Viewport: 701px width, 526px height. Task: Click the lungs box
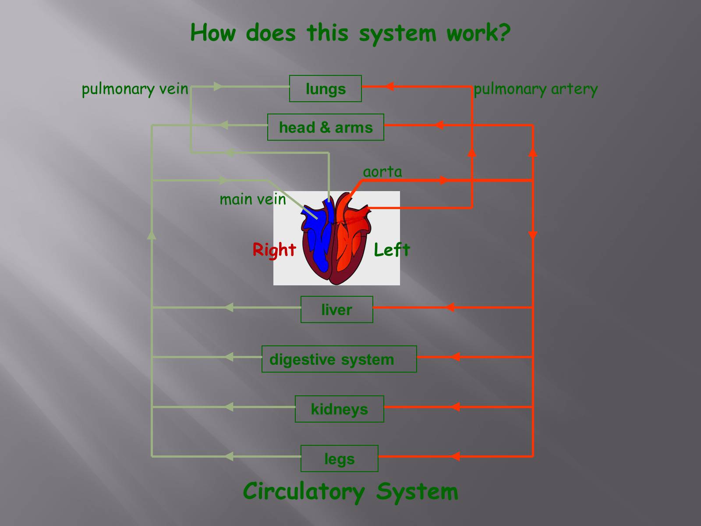326,89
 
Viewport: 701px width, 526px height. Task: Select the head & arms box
326,127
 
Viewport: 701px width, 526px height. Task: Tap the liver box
336,309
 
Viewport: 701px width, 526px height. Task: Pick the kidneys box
339,409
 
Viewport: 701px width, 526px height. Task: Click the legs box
339,458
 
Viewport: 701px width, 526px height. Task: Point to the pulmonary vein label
135,89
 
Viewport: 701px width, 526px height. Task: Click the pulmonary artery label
535,89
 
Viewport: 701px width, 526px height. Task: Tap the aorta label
382,172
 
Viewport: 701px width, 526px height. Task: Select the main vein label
252,199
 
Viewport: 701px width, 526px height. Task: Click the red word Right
274,250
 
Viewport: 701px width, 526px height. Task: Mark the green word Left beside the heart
392,250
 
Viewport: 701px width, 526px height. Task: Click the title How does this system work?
350,33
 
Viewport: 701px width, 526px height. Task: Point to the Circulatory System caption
350,491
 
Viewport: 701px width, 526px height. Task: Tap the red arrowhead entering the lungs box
389,87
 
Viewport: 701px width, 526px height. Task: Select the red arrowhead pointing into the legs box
456,457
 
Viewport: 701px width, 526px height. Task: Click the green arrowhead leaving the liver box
229,308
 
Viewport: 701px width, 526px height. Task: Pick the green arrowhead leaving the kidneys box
229,407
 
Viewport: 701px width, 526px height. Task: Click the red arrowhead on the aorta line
443,180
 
